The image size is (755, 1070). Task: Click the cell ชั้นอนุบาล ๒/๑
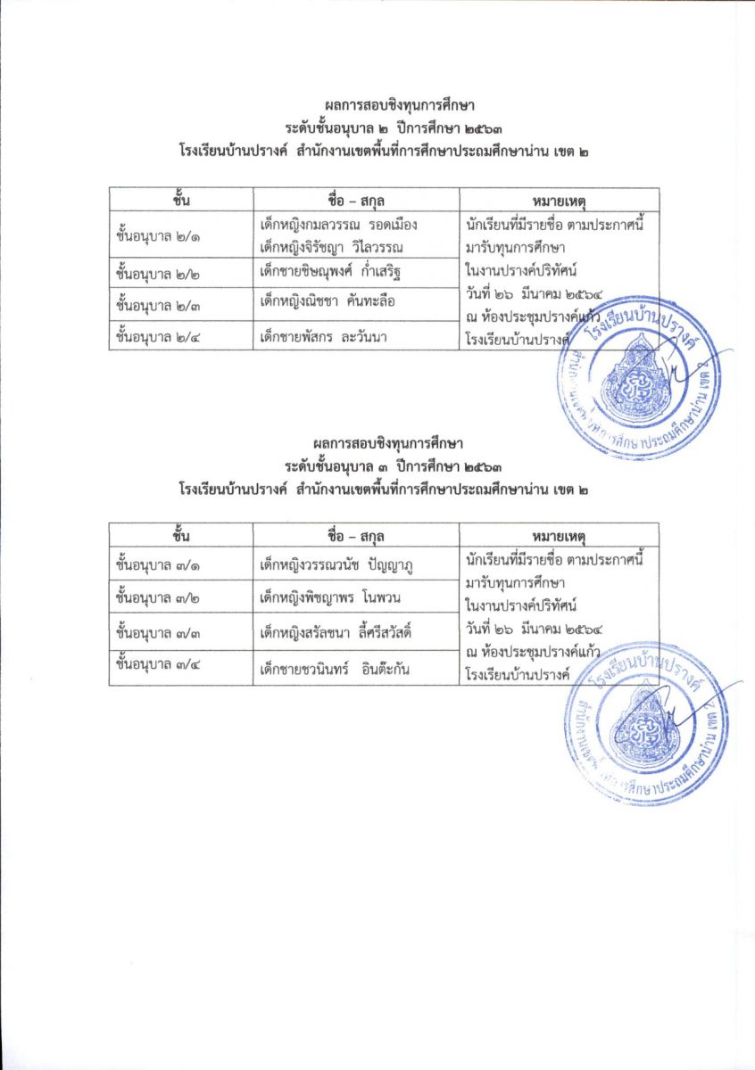tap(158, 237)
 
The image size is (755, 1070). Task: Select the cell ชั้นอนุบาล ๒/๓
tap(158, 303)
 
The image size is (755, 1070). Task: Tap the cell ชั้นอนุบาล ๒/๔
tap(158, 336)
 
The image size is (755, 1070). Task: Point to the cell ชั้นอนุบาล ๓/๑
tap(158, 564)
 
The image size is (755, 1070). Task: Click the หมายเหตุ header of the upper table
tap(559, 199)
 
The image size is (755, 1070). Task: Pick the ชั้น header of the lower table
tap(181, 534)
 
